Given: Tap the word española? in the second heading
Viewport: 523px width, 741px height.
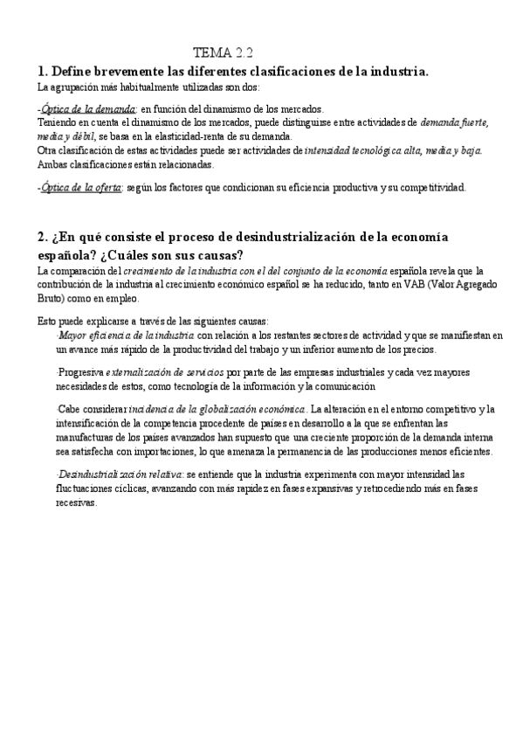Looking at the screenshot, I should (x=68, y=254).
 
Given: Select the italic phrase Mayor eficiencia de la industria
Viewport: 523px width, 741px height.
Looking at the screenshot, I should (x=127, y=335).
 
